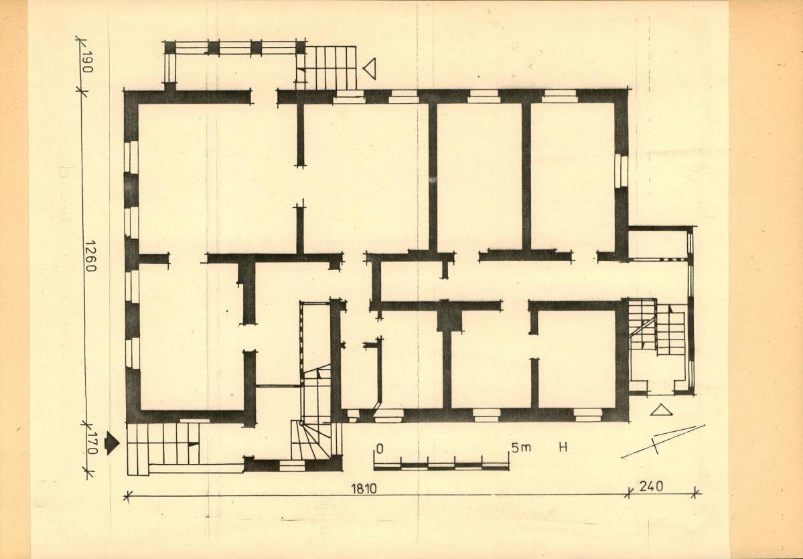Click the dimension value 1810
(x=364, y=488)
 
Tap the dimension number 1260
(x=90, y=256)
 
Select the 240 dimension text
(x=651, y=486)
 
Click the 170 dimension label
(x=92, y=443)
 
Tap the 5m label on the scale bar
(x=521, y=448)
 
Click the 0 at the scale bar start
(x=380, y=449)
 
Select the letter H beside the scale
(x=563, y=447)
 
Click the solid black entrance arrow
(x=112, y=443)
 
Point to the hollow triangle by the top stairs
(x=370, y=68)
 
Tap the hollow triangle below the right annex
(x=661, y=410)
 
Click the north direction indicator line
(x=663, y=441)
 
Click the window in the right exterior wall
(x=621, y=171)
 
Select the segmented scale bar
(x=441, y=467)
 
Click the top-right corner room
(x=573, y=176)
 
